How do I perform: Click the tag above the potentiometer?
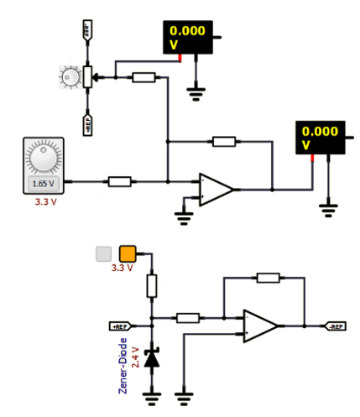[x=86, y=32]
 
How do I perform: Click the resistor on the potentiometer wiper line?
[x=143, y=77]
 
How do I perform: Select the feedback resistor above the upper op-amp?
[x=223, y=141]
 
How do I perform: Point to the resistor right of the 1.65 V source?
[x=120, y=180]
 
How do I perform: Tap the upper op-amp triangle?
[x=215, y=189]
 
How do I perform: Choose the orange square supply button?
[x=128, y=253]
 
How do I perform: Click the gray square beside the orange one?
[x=104, y=253]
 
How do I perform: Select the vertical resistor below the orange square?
[x=152, y=285]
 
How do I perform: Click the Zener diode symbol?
[x=152, y=359]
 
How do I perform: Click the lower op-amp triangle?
[x=259, y=326]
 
